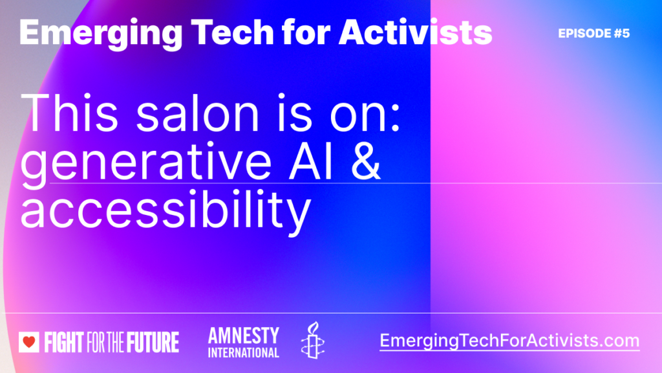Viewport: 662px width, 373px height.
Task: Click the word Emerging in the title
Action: pos(101,34)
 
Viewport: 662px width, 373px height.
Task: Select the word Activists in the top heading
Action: pos(416,32)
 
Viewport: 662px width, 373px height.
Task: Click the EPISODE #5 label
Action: pos(593,34)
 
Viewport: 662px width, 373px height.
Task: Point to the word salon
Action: pos(198,113)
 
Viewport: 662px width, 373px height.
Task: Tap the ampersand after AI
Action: pos(365,161)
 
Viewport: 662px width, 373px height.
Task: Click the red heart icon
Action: pos(29,342)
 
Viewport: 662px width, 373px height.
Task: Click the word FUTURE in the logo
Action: pos(152,342)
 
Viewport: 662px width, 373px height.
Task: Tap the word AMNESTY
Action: pos(243,336)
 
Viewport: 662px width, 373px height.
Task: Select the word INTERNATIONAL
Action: pos(243,352)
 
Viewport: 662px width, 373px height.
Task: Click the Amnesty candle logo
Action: pos(312,341)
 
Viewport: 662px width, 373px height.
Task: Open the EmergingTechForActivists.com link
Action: pos(509,341)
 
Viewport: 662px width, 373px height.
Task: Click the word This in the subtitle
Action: pos(70,113)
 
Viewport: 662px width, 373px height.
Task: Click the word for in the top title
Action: pos(306,32)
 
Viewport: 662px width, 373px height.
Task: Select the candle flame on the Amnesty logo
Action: pos(314,327)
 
